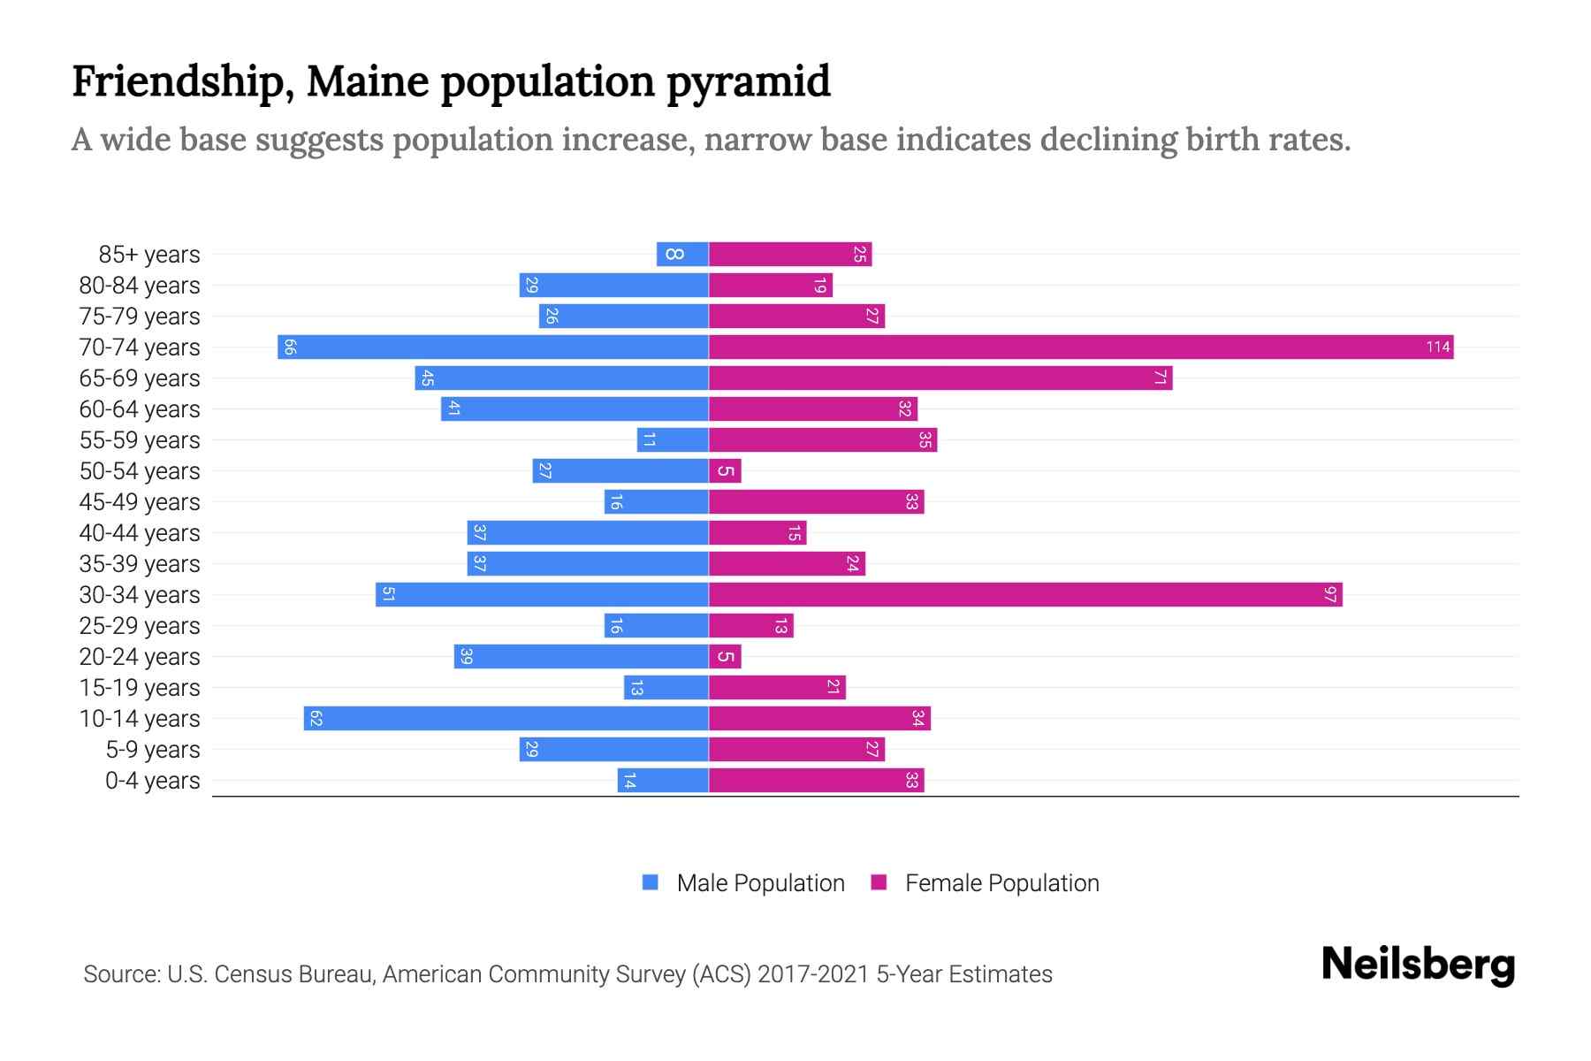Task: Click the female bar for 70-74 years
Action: (1080, 347)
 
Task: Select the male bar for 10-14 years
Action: (506, 718)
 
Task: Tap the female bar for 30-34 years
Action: (1025, 594)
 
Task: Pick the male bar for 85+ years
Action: (682, 254)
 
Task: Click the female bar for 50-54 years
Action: (725, 470)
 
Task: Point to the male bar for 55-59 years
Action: (673, 439)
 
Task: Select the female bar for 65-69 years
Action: (940, 378)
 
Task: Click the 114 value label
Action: (1438, 347)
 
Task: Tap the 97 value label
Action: (1330, 594)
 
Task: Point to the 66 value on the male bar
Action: (290, 347)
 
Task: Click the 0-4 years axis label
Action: (152, 781)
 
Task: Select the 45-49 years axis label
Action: (140, 502)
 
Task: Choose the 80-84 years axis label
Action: (140, 286)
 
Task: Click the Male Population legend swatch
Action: (651, 882)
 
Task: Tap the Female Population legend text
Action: (1001, 882)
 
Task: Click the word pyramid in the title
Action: (748, 81)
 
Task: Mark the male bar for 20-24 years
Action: (581, 656)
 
